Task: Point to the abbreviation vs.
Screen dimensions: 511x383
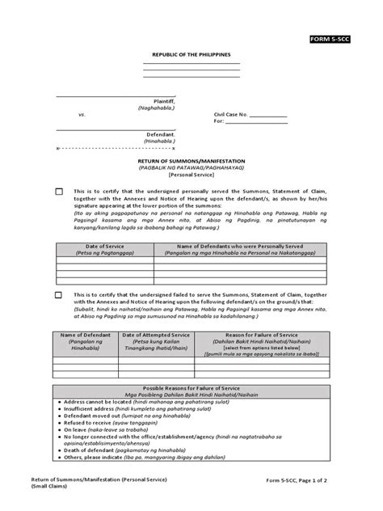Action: [x=81, y=115]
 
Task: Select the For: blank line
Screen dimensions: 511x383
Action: [x=259, y=123]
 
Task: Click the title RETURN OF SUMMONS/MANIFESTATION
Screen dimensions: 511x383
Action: [x=191, y=161]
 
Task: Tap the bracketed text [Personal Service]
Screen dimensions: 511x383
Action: [x=191, y=175]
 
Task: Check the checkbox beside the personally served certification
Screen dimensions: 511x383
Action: [x=59, y=192]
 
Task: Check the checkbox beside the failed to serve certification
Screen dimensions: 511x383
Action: [x=59, y=296]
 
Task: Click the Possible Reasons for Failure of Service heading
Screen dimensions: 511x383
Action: [x=191, y=387]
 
